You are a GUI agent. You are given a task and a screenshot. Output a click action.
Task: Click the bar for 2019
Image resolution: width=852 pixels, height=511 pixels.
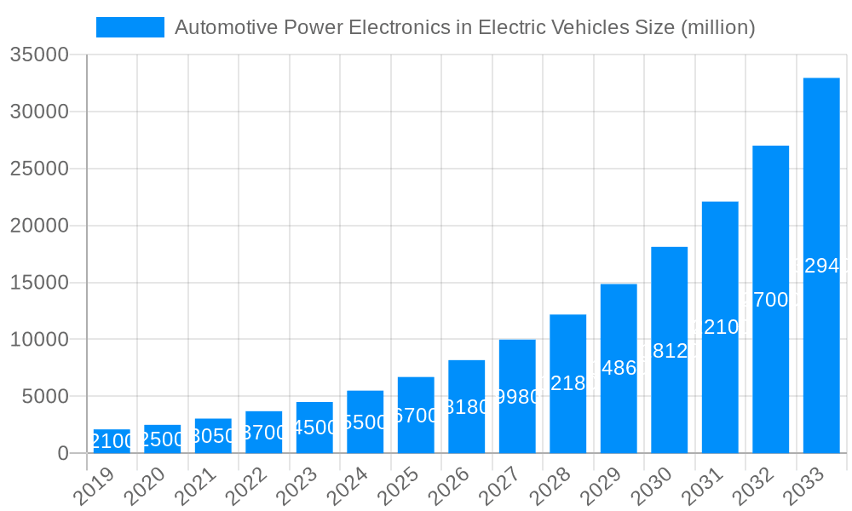click(112, 441)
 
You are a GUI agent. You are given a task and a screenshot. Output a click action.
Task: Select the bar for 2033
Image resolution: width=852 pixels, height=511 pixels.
click(821, 266)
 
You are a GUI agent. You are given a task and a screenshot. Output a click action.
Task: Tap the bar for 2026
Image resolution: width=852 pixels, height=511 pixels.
click(467, 406)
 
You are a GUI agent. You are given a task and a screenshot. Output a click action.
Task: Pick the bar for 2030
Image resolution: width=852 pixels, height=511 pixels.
click(670, 350)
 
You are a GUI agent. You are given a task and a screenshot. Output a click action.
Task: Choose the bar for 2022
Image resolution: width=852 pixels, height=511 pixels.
click(263, 432)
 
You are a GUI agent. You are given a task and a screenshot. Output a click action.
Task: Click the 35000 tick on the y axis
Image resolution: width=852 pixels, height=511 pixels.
click(38, 55)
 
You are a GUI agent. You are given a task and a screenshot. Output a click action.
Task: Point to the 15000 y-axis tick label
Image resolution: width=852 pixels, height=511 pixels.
click(38, 283)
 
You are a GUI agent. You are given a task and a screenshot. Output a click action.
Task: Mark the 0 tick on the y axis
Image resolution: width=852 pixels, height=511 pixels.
click(63, 454)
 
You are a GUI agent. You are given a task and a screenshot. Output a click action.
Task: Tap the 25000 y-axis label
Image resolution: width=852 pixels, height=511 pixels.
click(38, 169)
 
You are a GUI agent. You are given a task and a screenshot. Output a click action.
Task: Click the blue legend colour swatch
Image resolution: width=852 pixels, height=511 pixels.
click(130, 27)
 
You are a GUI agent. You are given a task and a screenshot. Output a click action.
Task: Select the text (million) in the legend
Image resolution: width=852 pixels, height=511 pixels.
click(717, 27)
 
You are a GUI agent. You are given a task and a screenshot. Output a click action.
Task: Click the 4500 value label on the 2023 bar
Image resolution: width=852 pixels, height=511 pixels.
click(314, 428)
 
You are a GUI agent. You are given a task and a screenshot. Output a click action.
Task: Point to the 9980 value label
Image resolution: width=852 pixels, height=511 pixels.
click(517, 397)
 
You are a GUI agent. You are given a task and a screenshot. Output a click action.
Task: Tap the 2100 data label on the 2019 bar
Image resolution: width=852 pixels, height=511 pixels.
click(112, 441)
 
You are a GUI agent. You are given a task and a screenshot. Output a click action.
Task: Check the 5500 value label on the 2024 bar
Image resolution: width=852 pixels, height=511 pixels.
click(365, 422)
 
